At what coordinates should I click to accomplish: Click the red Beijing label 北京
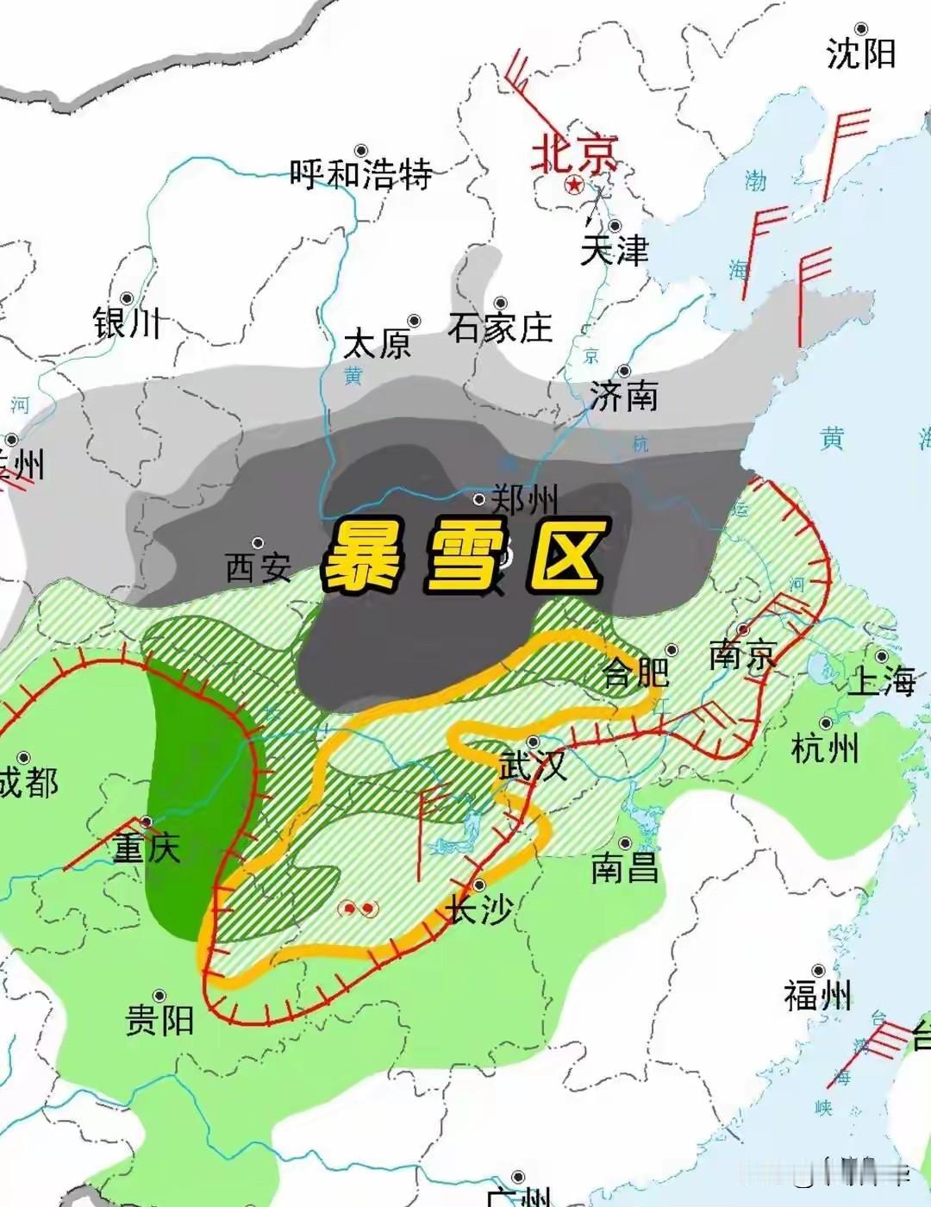pyautogui.click(x=575, y=154)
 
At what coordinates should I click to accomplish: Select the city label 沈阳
pyautogui.click(x=861, y=53)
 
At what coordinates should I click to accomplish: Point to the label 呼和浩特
pyautogui.click(x=360, y=174)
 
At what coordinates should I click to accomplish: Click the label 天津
pyautogui.click(x=614, y=250)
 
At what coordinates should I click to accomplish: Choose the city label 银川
pyautogui.click(x=128, y=323)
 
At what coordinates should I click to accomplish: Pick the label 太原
pyautogui.click(x=378, y=344)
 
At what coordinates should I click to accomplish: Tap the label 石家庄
pyautogui.click(x=500, y=328)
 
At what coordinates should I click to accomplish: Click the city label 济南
pyautogui.click(x=624, y=396)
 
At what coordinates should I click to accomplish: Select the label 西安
pyautogui.click(x=259, y=567)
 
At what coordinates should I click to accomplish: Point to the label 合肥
pyautogui.click(x=636, y=672)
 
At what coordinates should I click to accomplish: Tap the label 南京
pyautogui.click(x=743, y=655)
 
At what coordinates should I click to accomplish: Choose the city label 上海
pyautogui.click(x=882, y=681)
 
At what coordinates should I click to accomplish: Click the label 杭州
pyautogui.click(x=825, y=747)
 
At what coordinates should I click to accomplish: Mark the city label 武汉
pyautogui.click(x=533, y=765)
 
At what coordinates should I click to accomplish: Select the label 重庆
pyautogui.click(x=147, y=849)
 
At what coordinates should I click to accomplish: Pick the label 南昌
pyautogui.click(x=625, y=867)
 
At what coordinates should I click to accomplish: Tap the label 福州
pyautogui.click(x=818, y=997)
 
